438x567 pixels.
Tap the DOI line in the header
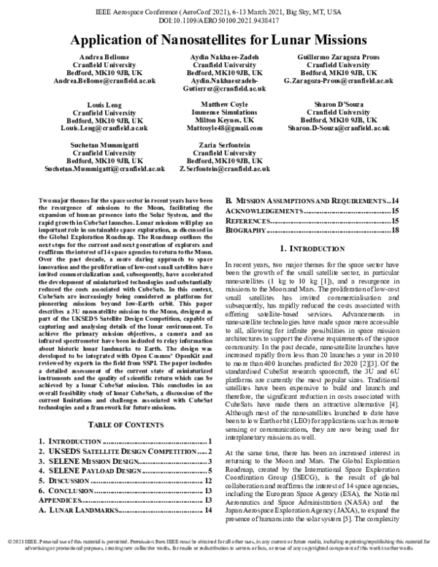click(219, 22)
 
